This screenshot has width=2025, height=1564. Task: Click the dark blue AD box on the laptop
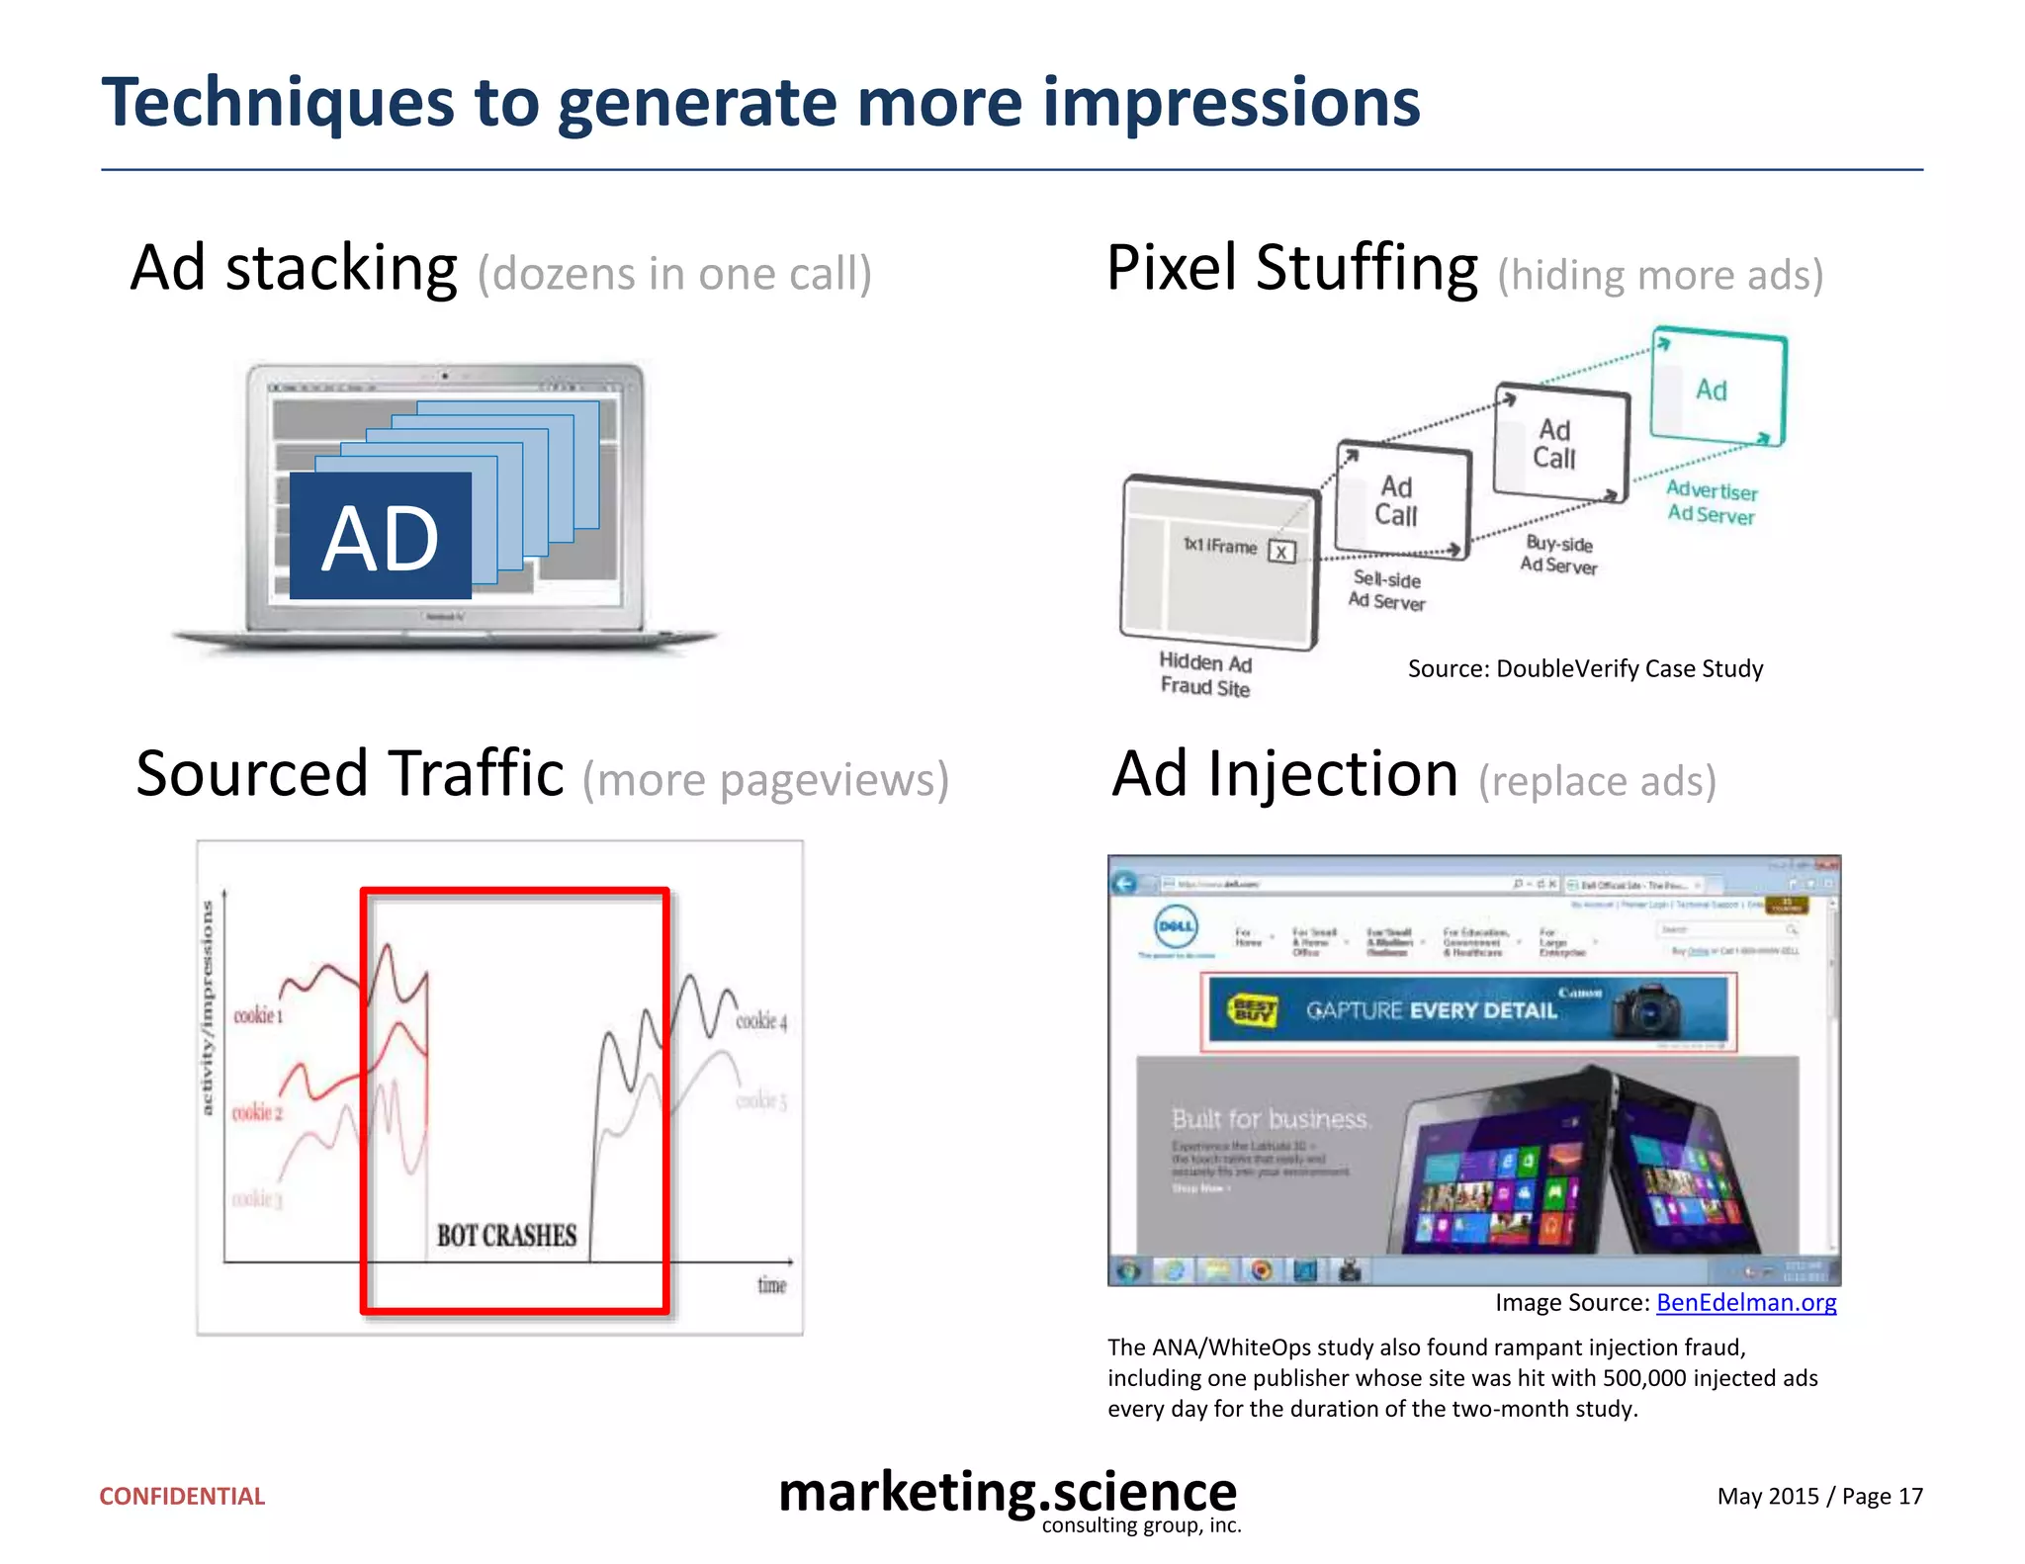tap(380, 536)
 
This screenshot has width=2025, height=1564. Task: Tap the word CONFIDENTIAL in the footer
tap(182, 1496)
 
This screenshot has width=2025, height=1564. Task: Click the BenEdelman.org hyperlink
tap(1746, 1302)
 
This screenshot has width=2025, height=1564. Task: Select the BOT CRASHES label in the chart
tap(506, 1236)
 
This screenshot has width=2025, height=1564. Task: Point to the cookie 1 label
tap(257, 1015)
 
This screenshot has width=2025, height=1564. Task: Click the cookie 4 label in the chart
tap(761, 1020)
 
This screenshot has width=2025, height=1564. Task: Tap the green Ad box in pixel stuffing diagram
tap(1717, 389)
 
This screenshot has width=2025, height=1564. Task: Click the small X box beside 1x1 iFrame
tap(1281, 552)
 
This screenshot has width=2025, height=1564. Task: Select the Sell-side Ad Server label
tap(1386, 590)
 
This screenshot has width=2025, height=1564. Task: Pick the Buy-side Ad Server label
tap(1558, 555)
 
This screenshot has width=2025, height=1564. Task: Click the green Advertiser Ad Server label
tap(1712, 502)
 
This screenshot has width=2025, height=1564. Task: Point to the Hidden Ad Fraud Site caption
tap(1205, 674)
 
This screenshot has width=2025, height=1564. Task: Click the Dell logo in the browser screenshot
tap(1176, 926)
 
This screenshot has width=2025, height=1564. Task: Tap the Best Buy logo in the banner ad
tap(1253, 1010)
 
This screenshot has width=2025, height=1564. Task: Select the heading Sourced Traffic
tap(350, 774)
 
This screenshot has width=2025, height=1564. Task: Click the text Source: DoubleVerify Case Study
tap(1585, 669)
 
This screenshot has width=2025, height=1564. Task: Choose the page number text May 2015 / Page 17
tap(1819, 1496)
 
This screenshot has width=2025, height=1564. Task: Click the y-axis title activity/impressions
tap(208, 1008)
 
